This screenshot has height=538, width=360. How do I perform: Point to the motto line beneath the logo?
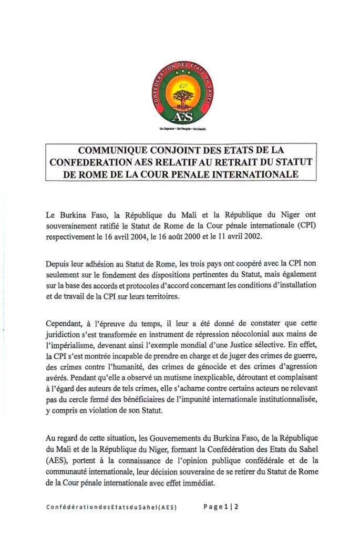180,128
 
